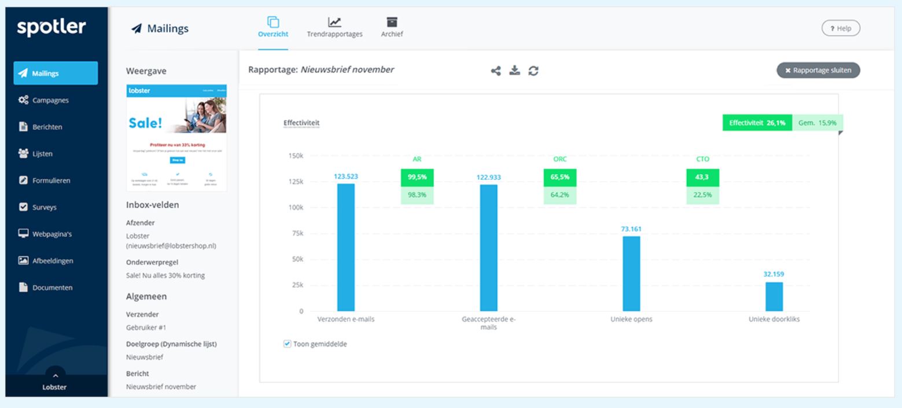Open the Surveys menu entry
44,207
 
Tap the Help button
841,28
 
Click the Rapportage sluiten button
818,70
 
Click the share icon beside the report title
496,71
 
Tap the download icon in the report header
514,71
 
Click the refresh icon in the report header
532,71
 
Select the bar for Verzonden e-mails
346,247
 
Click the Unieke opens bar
631,273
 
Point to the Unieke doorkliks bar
774,296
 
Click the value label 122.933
489,177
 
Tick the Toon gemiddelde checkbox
288,344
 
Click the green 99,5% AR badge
417,178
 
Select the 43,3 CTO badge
702,178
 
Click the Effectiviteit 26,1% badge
757,123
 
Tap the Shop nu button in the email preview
176,160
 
